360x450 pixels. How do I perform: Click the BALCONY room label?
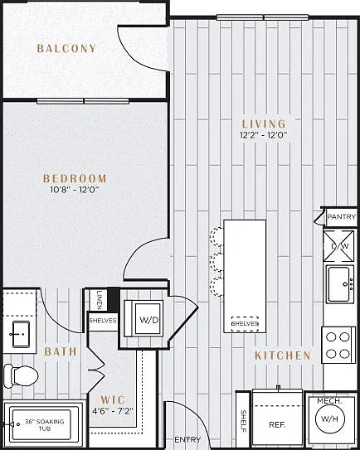point(66,48)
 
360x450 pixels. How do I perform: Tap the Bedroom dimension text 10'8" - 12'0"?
point(75,190)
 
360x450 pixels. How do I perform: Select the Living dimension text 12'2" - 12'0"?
point(264,135)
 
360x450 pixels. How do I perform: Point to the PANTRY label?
point(341,216)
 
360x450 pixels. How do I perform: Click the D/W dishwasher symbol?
point(338,246)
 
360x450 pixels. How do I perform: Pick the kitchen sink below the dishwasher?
point(339,283)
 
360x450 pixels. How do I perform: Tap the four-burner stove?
point(338,345)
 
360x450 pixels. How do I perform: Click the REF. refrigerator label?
point(277,424)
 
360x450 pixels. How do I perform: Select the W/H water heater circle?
point(329,419)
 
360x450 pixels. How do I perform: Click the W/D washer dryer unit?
point(144,318)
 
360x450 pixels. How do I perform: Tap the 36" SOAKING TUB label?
point(45,425)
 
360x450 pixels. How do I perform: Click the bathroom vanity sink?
point(20,334)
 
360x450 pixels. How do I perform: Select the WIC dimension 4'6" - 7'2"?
point(113,412)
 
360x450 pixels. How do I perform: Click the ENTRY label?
point(187,439)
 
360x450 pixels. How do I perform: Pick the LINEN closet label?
point(100,300)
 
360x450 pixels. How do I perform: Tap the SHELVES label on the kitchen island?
point(245,324)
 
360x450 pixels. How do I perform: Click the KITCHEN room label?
point(283,356)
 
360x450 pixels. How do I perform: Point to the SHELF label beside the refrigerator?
point(243,421)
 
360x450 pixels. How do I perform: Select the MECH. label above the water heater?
point(329,401)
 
